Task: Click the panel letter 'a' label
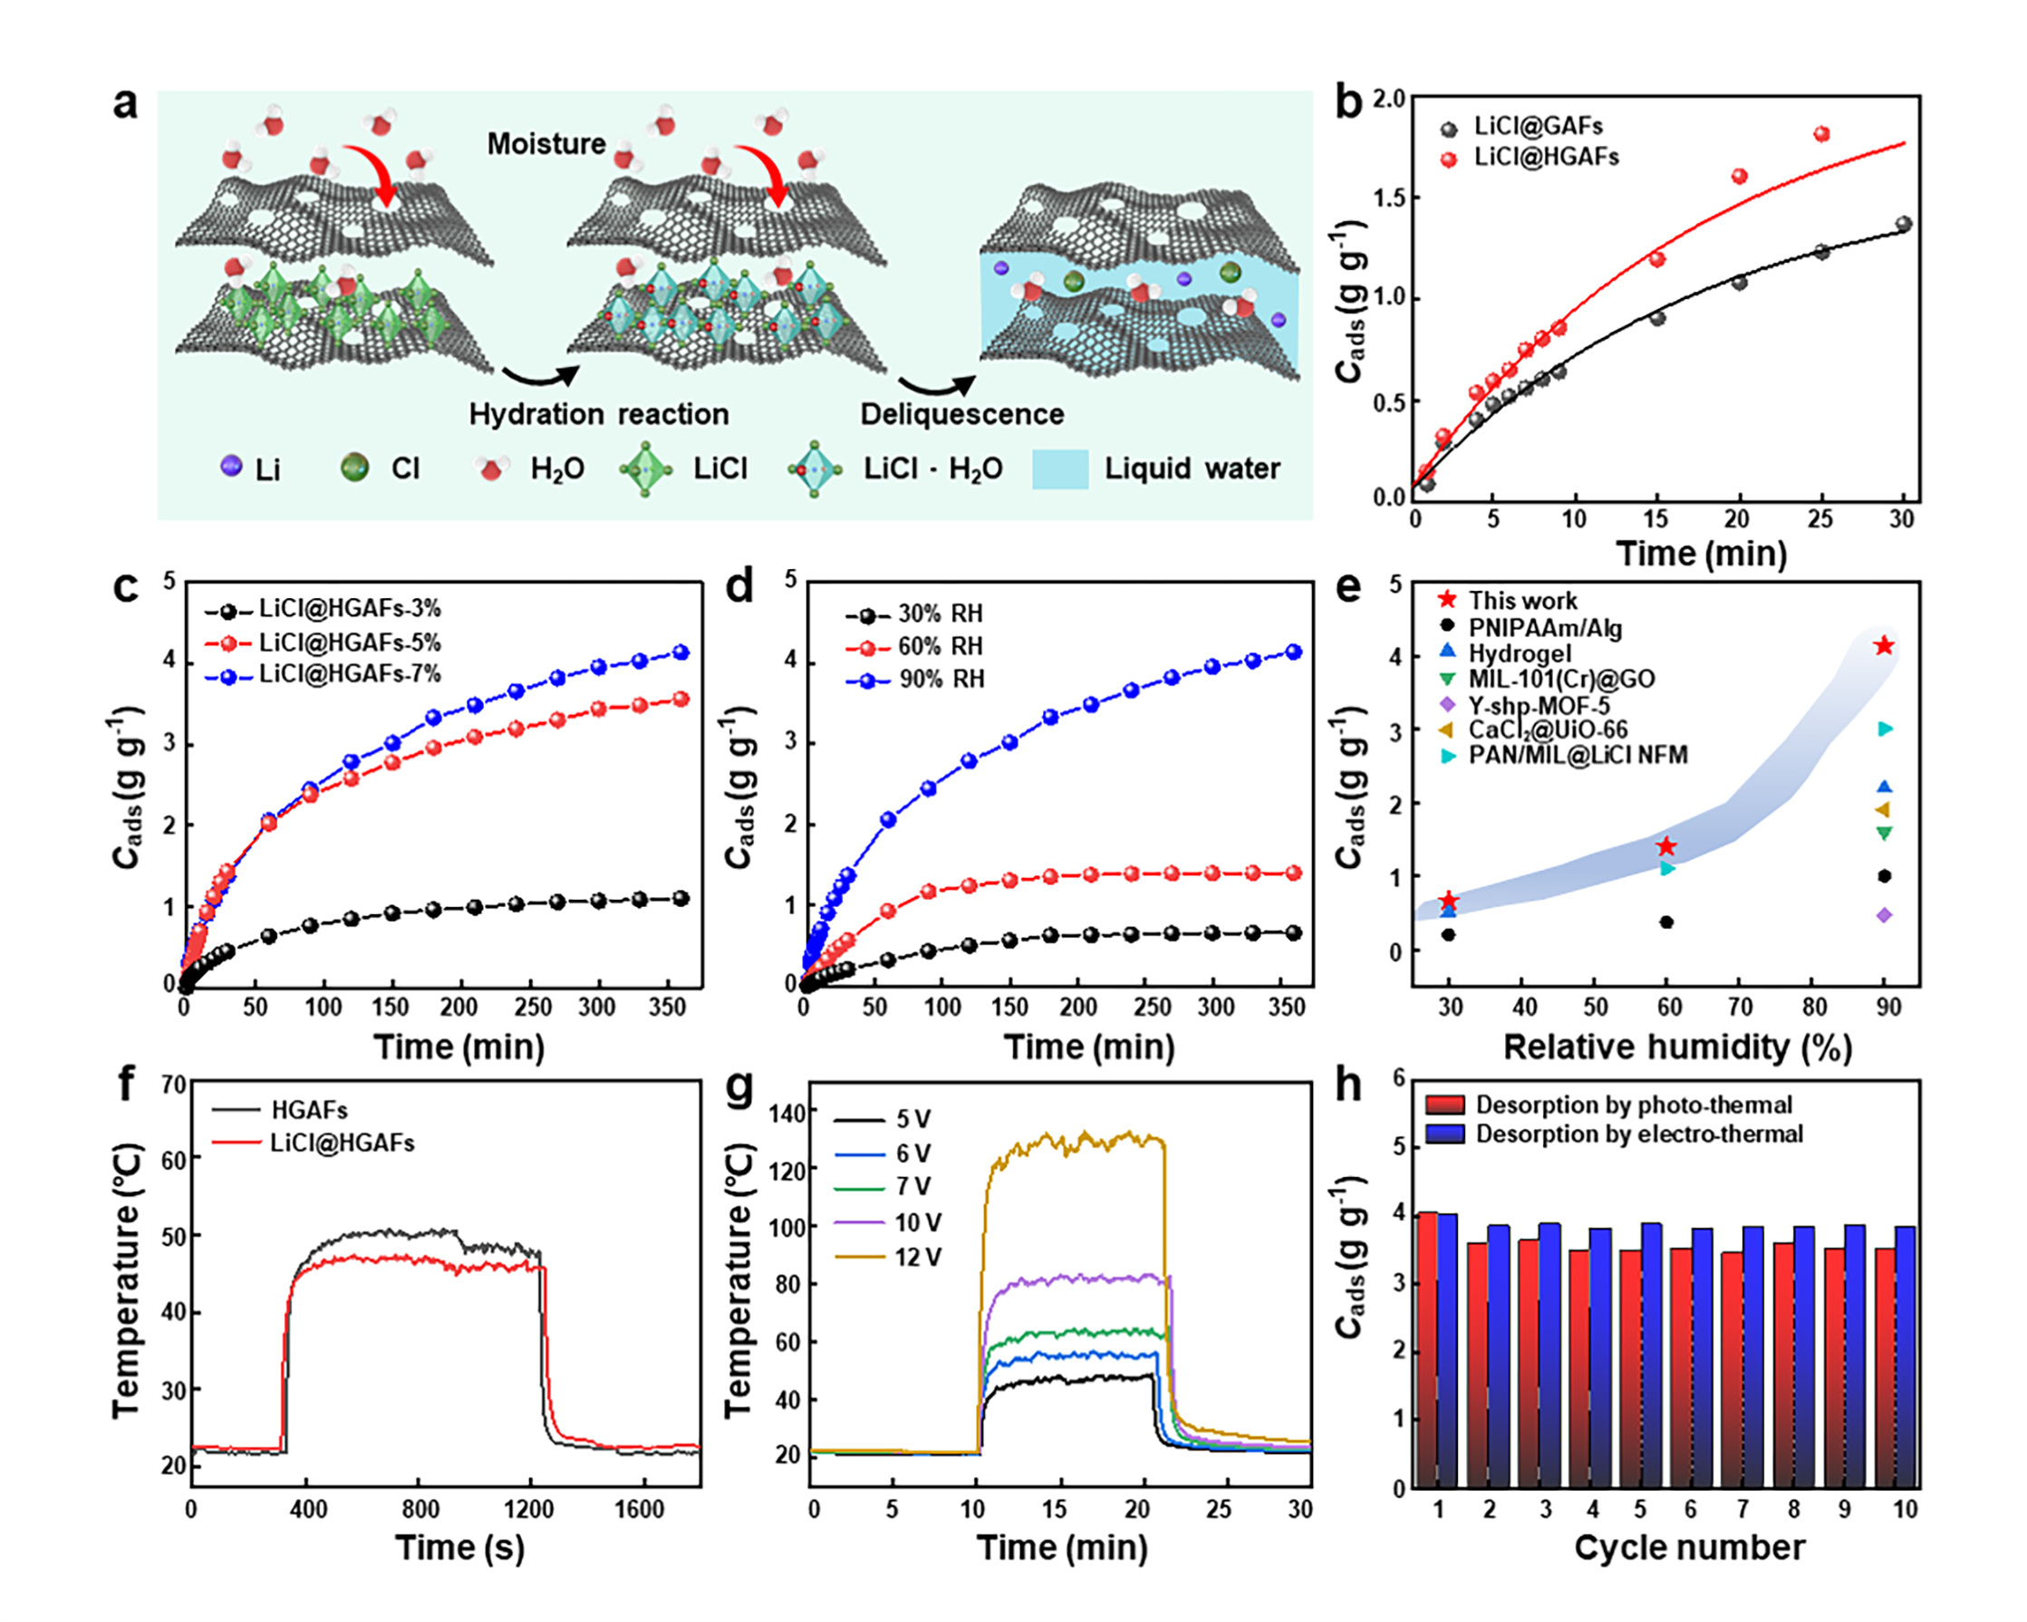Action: click(x=125, y=103)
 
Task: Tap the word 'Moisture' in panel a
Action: click(x=546, y=144)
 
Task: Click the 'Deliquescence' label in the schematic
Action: click(x=961, y=414)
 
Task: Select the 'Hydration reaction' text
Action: click(x=599, y=414)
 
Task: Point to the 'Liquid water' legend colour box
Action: click(x=1059, y=468)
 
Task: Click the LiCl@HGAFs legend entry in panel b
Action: click(x=1545, y=157)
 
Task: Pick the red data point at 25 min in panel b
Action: click(x=1821, y=134)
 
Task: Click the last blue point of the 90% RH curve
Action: click(x=1294, y=652)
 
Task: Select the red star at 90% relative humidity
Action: click(x=1883, y=646)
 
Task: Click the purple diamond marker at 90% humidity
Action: click(x=1883, y=915)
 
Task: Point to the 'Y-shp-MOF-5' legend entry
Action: click(x=1540, y=704)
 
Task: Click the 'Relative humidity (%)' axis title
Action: click(x=1677, y=1048)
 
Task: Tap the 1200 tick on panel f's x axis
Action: click(x=528, y=1509)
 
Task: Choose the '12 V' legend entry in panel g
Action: click(x=918, y=1257)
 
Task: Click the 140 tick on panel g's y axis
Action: click(x=787, y=1114)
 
